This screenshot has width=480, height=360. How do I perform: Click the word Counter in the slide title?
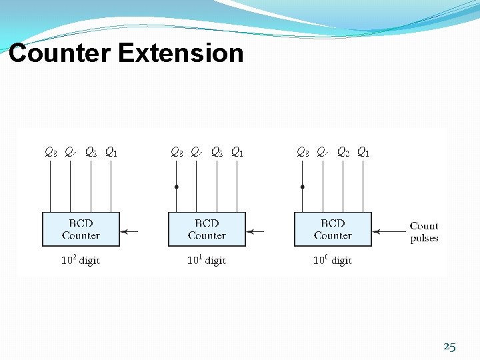[59, 53]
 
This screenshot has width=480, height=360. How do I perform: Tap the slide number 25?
[449, 347]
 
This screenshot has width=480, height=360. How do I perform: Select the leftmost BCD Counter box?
[81, 229]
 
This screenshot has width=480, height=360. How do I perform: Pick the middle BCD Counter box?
[207, 229]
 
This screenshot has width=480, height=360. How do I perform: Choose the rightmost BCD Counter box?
[333, 229]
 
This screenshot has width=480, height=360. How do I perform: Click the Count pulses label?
[424, 232]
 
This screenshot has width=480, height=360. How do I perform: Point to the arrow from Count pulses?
[389, 232]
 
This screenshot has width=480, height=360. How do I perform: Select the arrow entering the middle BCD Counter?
[256, 232]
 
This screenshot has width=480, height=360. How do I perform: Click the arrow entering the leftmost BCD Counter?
[130, 232]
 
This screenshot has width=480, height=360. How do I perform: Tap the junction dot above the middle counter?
[176, 187]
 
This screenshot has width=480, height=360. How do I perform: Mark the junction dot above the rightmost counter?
[302, 187]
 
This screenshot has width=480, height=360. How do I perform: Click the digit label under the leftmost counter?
[80, 261]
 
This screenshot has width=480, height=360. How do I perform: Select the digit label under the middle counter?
[206, 261]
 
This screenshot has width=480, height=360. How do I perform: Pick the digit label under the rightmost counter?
[332, 261]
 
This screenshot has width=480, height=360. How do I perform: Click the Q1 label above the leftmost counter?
[111, 153]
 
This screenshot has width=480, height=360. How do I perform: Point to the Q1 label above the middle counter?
[237, 153]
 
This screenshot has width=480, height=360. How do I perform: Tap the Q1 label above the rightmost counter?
[363, 153]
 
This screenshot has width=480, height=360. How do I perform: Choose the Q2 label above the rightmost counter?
[343, 153]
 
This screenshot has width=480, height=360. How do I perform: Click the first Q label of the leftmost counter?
[51, 153]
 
